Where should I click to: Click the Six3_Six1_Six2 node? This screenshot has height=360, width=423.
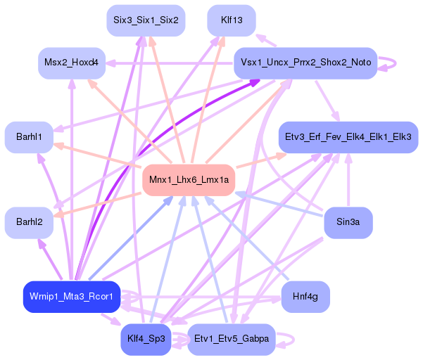point(146,20)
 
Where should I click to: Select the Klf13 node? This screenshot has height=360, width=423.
point(232,20)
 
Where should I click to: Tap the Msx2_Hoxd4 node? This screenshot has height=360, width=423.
point(72,63)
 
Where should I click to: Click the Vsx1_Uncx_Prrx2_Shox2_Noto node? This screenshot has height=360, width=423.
point(305,63)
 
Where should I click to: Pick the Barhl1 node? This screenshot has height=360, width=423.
point(29,137)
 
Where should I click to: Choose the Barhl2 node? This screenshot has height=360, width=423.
point(29,223)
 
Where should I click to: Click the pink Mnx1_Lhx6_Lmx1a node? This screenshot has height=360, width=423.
point(189,180)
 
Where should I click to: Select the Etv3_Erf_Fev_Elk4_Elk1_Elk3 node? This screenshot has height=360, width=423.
point(348,137)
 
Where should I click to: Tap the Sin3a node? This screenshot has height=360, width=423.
point(348,223)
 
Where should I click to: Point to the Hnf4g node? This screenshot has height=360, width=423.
point(305,297)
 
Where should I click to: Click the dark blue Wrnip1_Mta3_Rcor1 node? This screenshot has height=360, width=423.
point(72,297)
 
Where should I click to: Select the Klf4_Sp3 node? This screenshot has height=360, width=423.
point(146,340)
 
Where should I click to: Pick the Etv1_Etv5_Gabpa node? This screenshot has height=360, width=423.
point(232,340)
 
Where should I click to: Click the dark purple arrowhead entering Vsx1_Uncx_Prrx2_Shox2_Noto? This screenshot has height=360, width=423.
point(255,82)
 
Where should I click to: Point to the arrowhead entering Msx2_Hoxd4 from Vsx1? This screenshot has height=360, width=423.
point(111,63)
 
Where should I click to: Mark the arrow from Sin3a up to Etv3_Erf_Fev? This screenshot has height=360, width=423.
point(348,180)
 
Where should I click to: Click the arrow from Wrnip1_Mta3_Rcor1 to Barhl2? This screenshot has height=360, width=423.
point(50,259)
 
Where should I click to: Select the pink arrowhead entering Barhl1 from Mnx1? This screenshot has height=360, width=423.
point(59,146)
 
